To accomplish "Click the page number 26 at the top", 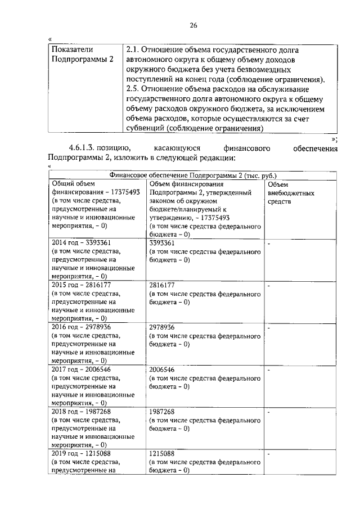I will coord(193,25).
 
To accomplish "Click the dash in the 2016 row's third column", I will coord(269,327).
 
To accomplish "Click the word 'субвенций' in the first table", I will coord(146,128).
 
